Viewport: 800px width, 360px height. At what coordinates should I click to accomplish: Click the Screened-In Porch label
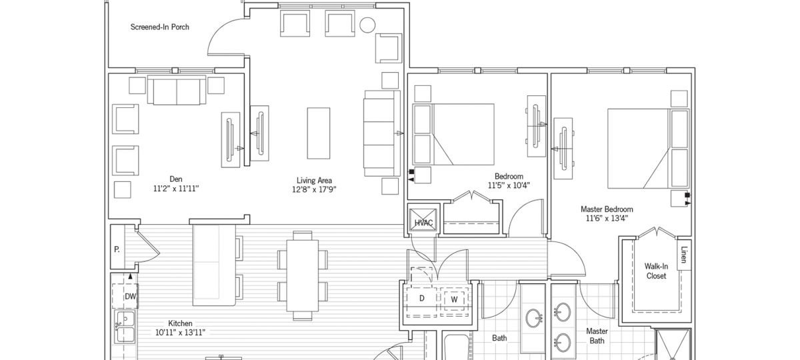click(x=160, y=27)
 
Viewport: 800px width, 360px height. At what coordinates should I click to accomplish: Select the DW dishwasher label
click(x=131, y=296)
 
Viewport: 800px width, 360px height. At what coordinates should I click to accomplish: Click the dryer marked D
click(x=421, y=298)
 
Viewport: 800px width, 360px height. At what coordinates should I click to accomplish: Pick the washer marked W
click(x=454, y=299)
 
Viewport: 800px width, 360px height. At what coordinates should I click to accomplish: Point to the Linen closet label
click(x=683, y=255)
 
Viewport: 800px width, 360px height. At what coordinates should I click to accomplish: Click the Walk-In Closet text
click(x=656, y=271)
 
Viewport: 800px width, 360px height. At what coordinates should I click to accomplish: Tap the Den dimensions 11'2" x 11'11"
click(x=176, y=189)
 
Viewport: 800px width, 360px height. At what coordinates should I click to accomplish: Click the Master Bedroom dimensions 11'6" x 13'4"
click(x=609, y=218)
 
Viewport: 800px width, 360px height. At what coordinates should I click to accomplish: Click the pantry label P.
click(x=117, y=251)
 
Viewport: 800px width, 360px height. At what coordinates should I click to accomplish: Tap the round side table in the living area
click(x=367, y=26)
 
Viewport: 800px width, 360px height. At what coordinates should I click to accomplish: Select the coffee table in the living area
click(x=318, y=133)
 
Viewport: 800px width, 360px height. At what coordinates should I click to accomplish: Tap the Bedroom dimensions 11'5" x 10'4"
click(x=509, y=185)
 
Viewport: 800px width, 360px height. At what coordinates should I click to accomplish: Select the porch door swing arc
click(x=223, y=40)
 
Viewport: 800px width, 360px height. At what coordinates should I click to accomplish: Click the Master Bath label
click(x=596, y=336)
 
